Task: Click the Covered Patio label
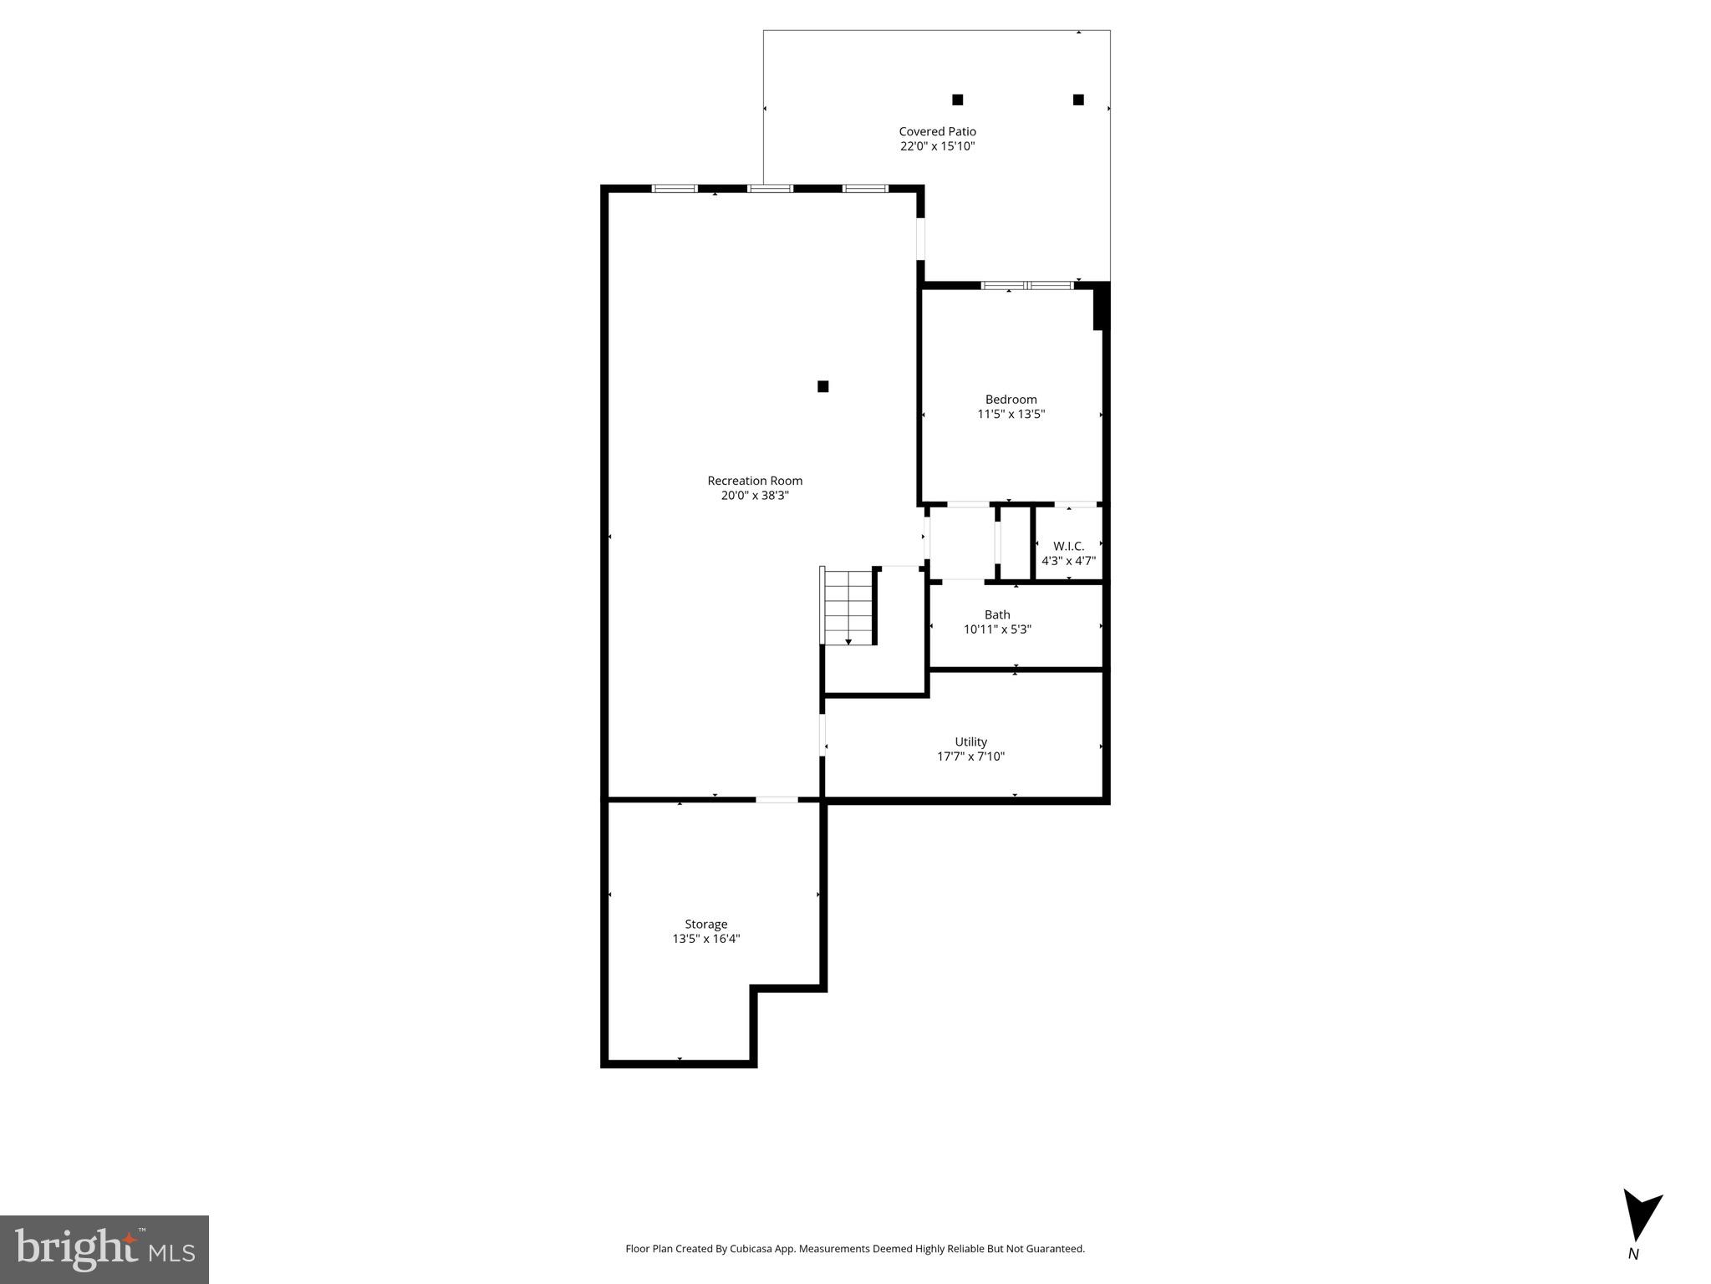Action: click(x=937, y=131)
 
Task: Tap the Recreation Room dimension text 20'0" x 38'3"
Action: click(x=755, y=496)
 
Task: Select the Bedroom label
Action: click(x=1011, y=400)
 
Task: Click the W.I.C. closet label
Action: click(x=1068, y=547)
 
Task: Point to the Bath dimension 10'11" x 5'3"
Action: click(x=997, y=629)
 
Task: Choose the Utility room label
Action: click(x=970, y=741)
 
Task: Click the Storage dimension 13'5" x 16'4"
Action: click(x=706, y=939)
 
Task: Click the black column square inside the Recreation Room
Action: click(x=822, y=386)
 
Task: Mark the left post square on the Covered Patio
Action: click(x=958, y=99)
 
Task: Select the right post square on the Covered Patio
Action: click(x=1078, y=99)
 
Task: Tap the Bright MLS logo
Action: click(x=104, y=1249)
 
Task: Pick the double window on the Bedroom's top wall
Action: click(x=1027, y=286)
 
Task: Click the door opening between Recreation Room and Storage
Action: click(x=777, y=800)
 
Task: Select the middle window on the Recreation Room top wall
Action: click(x=770, y=189)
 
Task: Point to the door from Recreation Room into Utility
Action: click(x=822, y=735)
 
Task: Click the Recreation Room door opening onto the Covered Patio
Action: click(x=921, y=238)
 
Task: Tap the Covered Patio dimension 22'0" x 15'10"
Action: click(x=937, y=146)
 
